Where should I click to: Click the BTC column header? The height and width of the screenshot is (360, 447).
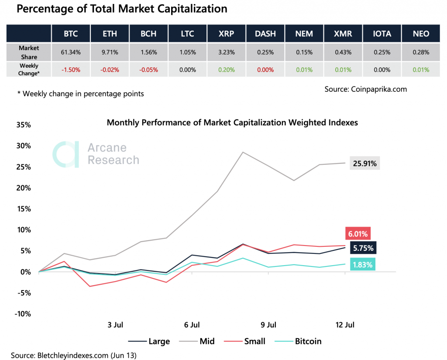click(70, 34)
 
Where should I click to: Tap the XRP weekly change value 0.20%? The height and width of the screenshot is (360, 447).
click(226, 70)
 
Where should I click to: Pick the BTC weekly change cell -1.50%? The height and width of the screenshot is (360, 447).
click(70, 70)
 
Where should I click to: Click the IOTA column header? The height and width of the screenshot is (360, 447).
click(382, 34)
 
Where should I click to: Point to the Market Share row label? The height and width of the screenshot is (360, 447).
click(28, 52)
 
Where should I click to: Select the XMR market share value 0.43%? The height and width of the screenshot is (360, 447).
click(343, 52)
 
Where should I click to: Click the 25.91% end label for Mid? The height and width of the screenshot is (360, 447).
click(364, 163)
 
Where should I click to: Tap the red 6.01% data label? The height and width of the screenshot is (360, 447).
click(358, 234)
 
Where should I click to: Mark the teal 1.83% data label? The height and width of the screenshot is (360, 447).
click(361, 264)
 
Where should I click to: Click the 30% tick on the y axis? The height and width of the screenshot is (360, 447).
click(23, 146)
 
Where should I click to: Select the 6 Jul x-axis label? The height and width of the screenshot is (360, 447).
click(192, 325)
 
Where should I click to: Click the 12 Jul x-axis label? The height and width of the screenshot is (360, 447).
click(345, 325)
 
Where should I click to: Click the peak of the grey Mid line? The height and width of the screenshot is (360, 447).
click(243, 152)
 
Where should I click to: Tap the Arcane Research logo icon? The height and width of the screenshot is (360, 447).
click(65, 154)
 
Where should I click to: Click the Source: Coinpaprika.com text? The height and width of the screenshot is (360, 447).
click(365, 89)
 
